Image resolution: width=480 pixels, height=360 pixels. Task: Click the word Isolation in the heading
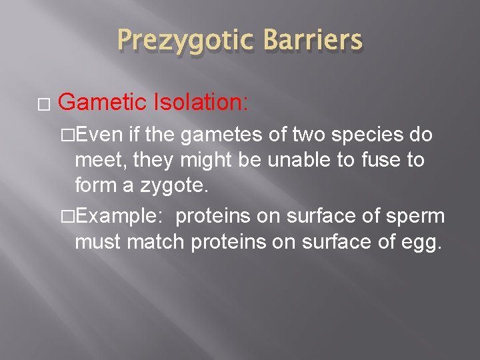click(x=199, y=102)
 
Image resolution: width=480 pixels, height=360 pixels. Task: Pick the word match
click(x=155, y=241)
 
